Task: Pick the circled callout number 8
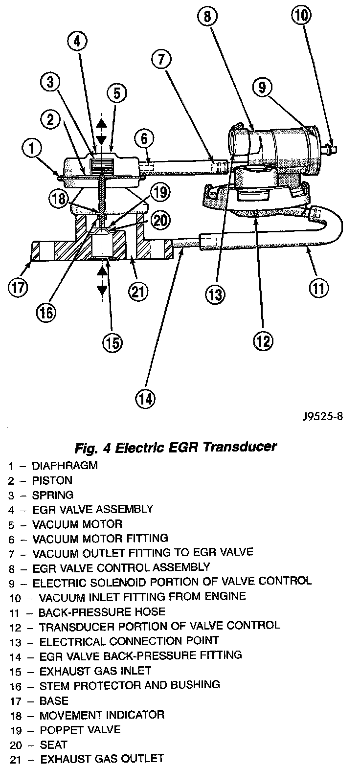[x=207, y=17]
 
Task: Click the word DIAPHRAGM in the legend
[x=65, y=466]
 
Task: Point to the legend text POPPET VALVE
[x=79, y=729]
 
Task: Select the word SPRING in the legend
[x=52, y=495]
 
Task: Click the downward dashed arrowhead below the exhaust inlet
[x=101, y=290]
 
